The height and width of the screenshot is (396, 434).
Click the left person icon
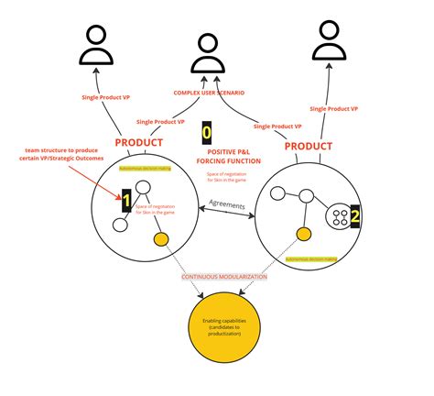pos(96,43)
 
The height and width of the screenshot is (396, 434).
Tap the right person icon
pos(331,39)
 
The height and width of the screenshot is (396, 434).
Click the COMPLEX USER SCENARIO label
pos(213,93)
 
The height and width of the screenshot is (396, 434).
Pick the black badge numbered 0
pos(207,132)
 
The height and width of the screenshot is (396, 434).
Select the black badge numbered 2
pos(355,216)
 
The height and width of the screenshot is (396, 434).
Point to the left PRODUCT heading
pos(139,143)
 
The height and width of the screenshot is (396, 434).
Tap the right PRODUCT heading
pos(308,146)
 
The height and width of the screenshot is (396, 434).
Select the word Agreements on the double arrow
pos(226,204)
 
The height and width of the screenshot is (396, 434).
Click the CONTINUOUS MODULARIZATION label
pos(224,276)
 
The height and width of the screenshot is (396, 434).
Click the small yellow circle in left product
pos(161,240)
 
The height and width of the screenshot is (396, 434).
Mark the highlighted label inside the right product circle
pos(310,259)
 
